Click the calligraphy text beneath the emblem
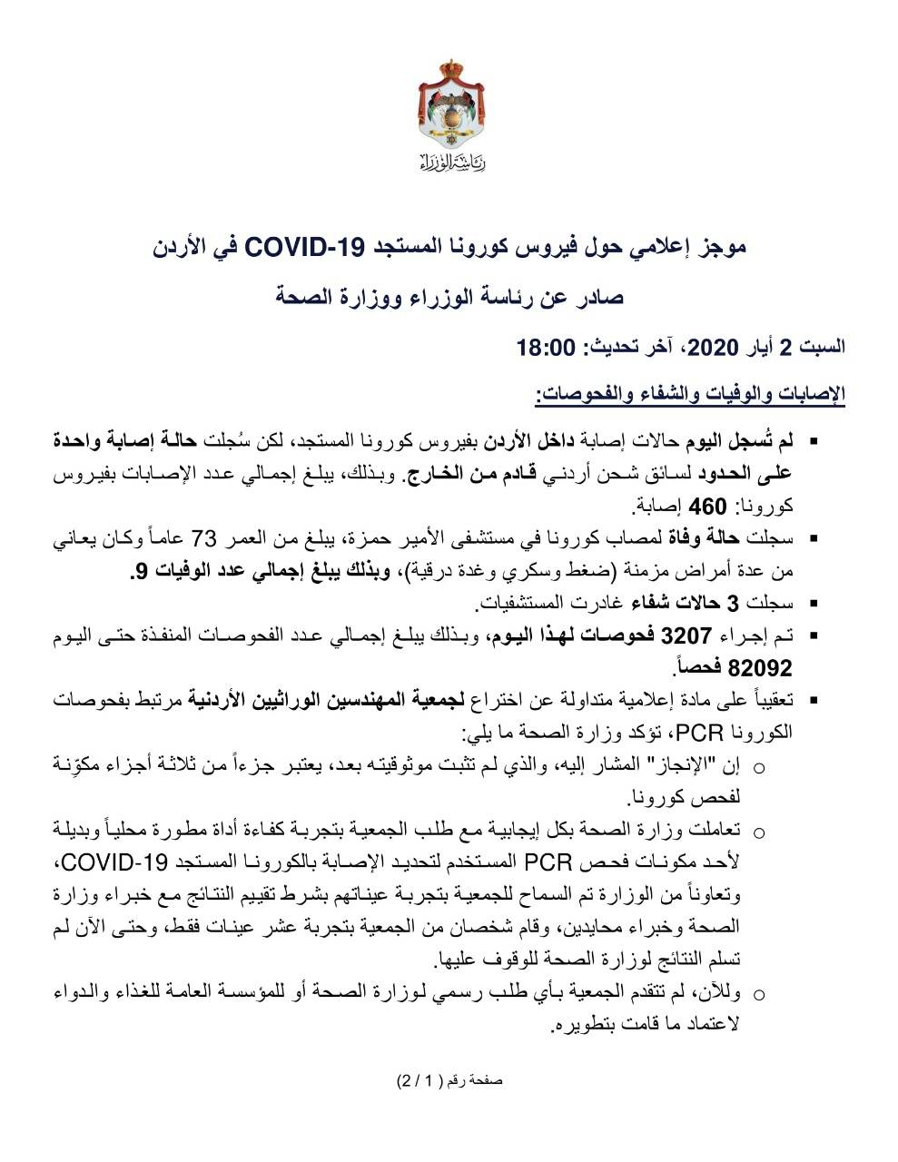click(452, 163)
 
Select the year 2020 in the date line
click(715, 347)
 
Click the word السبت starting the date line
click(823, 347)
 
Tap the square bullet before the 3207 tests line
click(813, 635)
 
